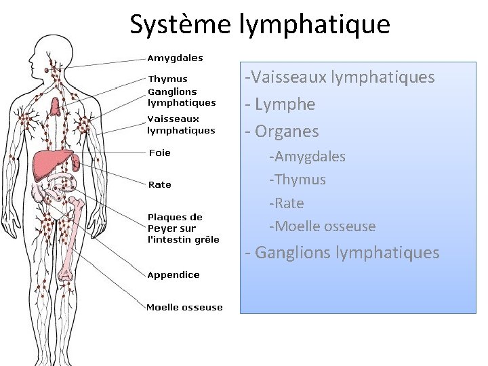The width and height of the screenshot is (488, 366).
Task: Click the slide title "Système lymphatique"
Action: pyautogui.click(x=260, y=24)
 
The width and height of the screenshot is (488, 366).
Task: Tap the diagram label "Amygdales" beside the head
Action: pyautogui.click(x=175, y=58)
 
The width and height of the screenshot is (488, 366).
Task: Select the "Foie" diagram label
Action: pyautogui.click(x=159, y=152)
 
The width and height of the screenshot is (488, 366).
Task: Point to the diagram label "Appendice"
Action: pyautogui.click(x=174, y=274)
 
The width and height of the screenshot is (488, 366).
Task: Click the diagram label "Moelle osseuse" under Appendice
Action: pyautogui.click(x=184, y=307)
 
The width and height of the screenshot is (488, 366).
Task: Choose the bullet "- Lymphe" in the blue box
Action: pyautogui.click(x=281, y=104)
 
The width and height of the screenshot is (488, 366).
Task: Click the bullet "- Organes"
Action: pyautogui.click(x=282, y=131)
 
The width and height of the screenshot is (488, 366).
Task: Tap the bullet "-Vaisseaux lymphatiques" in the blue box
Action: pyautogui.click(x=340, y=77)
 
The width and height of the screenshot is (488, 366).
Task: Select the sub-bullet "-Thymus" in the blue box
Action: pyautogui.click(x=297, y=180)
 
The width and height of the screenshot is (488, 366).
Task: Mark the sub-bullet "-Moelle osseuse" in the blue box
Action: pyautogui.click(x=322, y=226)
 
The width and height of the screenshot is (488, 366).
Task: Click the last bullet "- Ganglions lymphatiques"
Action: pyautogui.click(x=342, y=253)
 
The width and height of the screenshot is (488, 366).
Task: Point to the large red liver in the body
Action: pyautogui.click(x=52, y=163)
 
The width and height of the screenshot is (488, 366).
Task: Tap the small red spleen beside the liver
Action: pyautogui.click(x=77, y=162)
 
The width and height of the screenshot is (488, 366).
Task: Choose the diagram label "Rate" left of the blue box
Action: pyautogui.click(x=159, y=184)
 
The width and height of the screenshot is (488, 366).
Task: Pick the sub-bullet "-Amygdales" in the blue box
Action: pyautogui.click(x=307, y=157)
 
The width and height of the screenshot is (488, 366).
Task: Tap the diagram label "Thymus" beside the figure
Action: pyautogui.click(x=167, y=79)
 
